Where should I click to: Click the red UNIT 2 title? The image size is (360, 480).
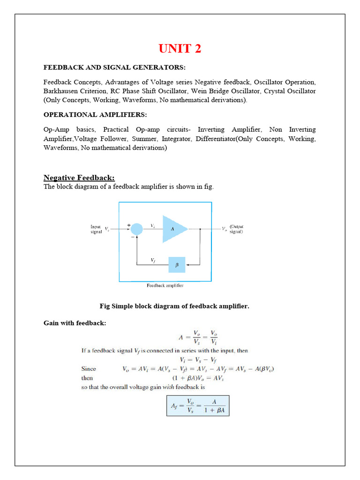[x=180, y=49]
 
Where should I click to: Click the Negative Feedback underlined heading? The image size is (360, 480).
[x=79, y=178]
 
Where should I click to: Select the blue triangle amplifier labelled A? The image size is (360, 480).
[x=174, y=229]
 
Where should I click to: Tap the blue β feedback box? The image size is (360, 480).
[x=177, y=264]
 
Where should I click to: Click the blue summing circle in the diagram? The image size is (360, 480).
[x=136, y=229]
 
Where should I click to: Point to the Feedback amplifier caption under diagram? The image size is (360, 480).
[x=165, y=285]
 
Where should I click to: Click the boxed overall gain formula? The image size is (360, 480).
[x=197, y=405]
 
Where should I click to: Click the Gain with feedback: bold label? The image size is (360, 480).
[x=75, y=323]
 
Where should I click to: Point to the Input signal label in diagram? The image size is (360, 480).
[x=96, y=229]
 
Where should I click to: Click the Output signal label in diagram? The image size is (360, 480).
[x=236, y=229]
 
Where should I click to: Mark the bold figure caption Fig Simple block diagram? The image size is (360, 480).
[x=174, y=306]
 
